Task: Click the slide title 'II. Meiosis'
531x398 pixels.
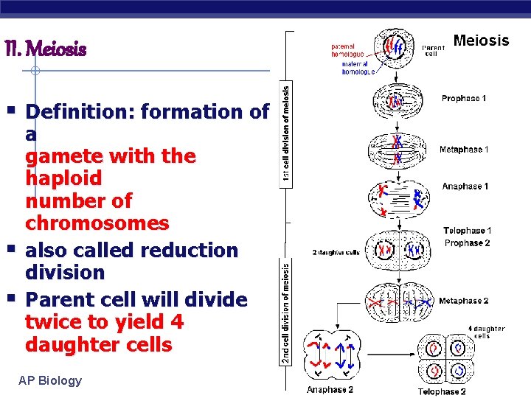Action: [46, 50]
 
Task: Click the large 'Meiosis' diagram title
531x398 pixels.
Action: [481, 41]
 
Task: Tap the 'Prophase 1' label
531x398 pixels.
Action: [464, 98]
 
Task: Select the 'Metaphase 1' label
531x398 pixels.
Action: [463, 150]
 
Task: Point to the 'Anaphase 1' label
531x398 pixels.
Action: [465, 186]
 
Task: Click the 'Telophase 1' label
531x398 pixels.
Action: [468, 231]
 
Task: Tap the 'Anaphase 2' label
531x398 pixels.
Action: [330, 391]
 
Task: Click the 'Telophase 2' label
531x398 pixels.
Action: [442, 391]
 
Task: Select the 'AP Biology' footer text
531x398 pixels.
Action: [51, 381]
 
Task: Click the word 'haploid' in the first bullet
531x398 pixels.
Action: [63, 178]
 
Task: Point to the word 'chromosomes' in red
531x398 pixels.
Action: [97, 223]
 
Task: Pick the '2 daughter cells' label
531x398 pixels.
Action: [336, 252]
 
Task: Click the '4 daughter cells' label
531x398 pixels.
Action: [487, 332]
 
